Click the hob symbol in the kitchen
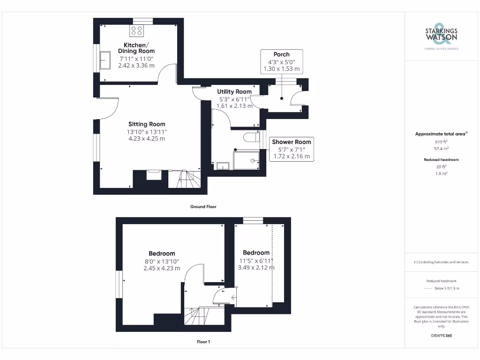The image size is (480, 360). (137, 31)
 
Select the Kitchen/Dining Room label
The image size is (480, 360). (136, 48)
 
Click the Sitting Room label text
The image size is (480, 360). (147, 124)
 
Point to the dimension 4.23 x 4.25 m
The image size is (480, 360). (147, 139)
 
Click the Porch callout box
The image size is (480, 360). (281, 61)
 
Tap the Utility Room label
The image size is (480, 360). (234, 91)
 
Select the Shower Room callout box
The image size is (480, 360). (291, 149)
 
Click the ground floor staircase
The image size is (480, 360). (187, 179)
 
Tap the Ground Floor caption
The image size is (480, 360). (203, 207)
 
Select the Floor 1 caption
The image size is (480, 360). (203, 342)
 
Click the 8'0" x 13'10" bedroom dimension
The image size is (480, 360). (161, 262)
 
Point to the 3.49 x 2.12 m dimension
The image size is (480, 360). (256, 268)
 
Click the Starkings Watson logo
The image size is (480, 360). (441, 36)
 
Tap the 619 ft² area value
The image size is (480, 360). (441, 141)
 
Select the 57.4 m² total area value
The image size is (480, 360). (441, 148)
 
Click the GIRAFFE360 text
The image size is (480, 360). (441, 336)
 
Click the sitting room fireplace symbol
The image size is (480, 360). (154, 174)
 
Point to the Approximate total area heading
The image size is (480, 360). (441, 134)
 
